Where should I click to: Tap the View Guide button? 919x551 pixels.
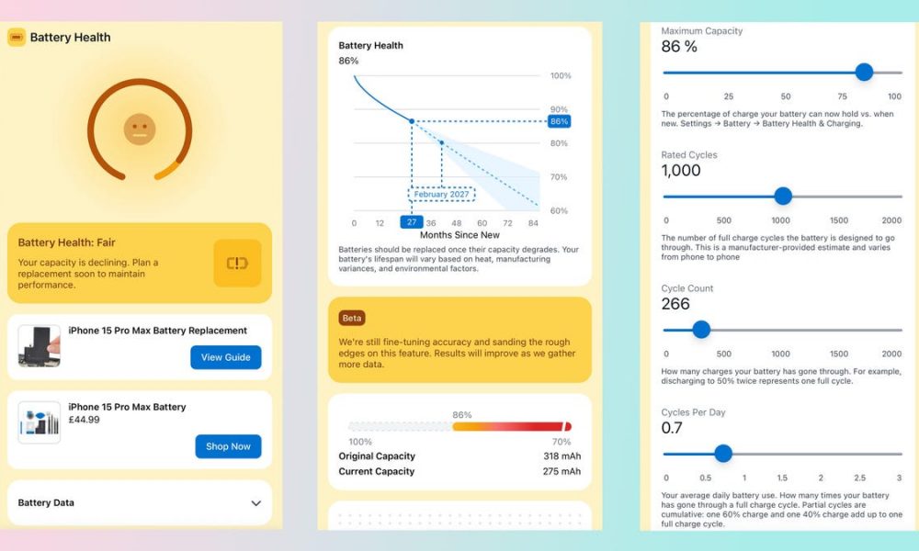tap(225, 357)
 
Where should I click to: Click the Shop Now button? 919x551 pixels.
tap(228, 446)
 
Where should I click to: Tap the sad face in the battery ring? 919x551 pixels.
tap(140, 129)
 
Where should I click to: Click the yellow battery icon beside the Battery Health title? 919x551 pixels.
tap(17, 38)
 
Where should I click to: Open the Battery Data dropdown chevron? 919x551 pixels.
tap(255, 503)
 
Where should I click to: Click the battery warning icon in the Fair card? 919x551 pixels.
tap(237, 264)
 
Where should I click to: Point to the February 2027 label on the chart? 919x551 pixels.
tap(441, 195)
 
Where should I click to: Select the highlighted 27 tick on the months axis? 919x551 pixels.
tap(411, 223)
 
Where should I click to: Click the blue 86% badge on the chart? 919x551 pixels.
tap(559, 121)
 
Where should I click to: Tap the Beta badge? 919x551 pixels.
tap(351, 318)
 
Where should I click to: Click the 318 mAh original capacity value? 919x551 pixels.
tap(562, 456)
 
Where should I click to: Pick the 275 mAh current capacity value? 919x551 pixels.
tap(562, 472)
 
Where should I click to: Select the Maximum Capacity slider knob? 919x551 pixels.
tap(863, 73)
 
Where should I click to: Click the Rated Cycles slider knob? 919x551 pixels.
tap(782, 196)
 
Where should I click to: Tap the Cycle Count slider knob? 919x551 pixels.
tap(700, 330)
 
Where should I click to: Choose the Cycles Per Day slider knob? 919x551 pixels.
tap(722, 453)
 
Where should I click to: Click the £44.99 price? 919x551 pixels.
tap(85, 421)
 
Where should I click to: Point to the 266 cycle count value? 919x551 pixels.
tap(675, 304)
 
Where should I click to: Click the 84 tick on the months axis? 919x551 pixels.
tap(533, 223)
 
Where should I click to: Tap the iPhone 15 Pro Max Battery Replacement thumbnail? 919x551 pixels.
tap(40, 346)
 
